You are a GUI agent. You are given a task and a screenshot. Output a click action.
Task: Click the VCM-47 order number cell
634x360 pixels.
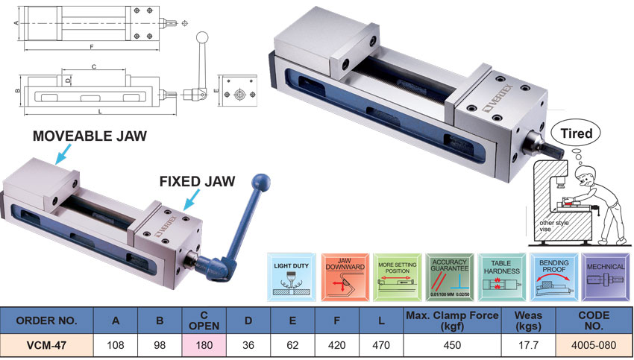[47, 346]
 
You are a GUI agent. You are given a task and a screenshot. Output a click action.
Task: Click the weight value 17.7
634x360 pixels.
[527, 346]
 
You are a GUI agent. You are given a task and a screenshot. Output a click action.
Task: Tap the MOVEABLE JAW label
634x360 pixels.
[90, 136]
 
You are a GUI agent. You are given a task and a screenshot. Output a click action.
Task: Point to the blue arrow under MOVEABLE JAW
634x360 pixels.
[63, 152]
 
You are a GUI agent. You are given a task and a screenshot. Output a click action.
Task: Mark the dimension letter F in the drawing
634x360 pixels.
[91, 46]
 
